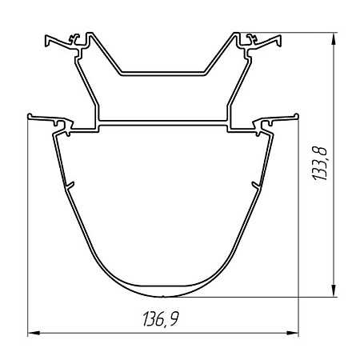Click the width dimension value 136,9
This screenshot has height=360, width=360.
coord(161,319)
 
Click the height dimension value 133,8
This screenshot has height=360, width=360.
coord(319,163)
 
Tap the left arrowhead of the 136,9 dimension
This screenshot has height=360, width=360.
coord(34,333)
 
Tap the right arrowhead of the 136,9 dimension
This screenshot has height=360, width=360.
coord(293,333)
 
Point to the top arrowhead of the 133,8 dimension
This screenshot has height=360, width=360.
coord(334,38)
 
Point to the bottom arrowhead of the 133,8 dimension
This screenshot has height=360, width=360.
coord(334,290)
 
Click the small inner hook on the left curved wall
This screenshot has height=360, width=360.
coord(70,185)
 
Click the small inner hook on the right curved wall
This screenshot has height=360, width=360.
coord(256,185)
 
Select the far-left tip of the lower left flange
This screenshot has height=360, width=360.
coord(28,116)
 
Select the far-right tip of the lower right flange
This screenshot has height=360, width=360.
coord(298,116)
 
